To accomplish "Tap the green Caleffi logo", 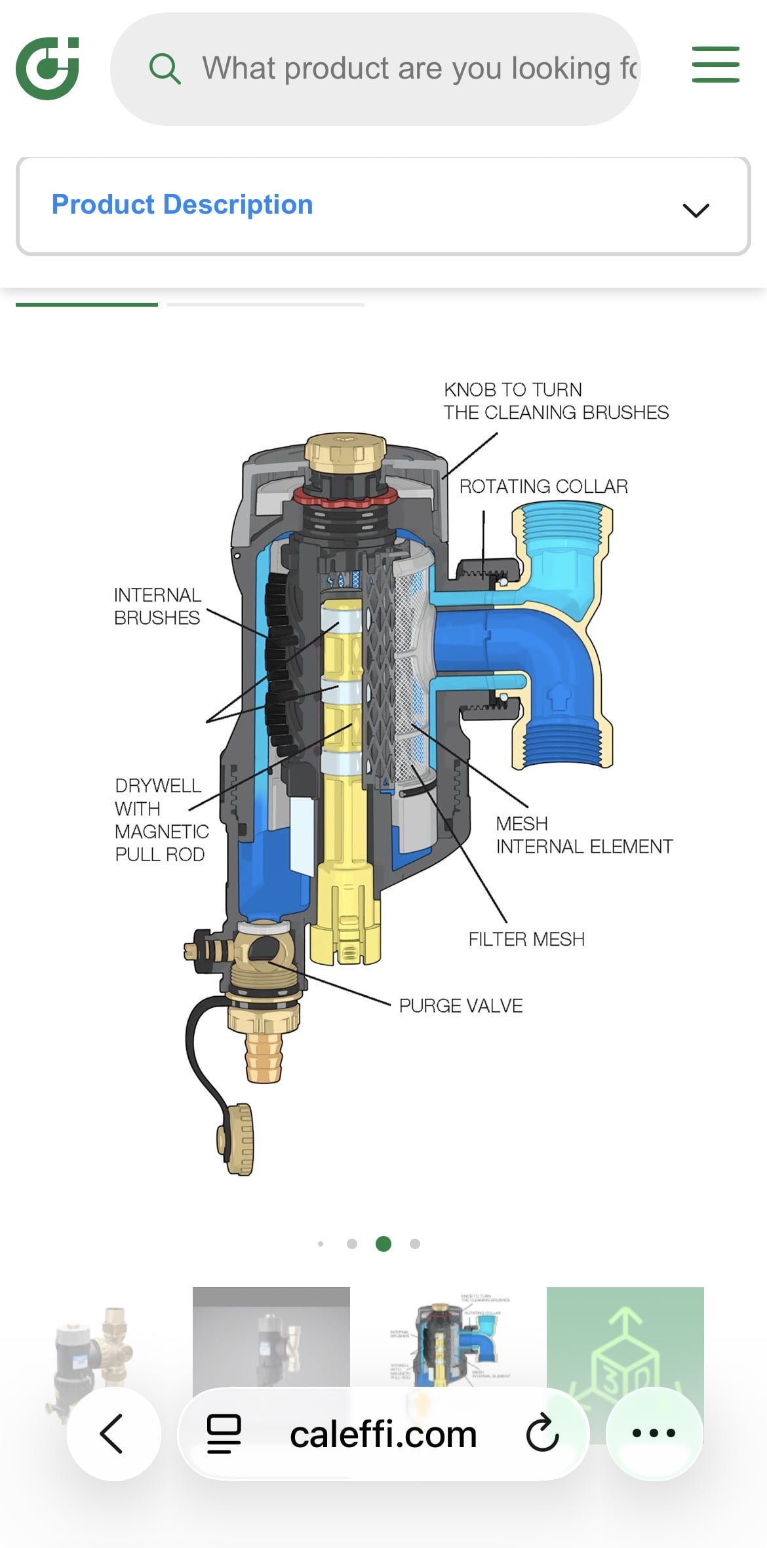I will coord(47,68).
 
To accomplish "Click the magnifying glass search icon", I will coord(165,69).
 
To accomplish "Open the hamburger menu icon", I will coord(715,65).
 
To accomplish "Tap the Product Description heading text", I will coord(182,204).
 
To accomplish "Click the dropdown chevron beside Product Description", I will coord(696,210).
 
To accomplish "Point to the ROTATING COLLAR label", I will coord(543,486).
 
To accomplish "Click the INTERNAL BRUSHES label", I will coord(157,606).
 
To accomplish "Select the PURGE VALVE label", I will coord(461,1005).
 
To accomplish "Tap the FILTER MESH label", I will coord(526,939).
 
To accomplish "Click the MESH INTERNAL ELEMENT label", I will coord(583,835).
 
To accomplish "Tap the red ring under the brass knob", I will coord(345,497).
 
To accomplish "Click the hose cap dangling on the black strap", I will coord(236,1139).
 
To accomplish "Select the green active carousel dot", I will coord(383,1243).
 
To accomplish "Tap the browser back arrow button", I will coord(113,1433).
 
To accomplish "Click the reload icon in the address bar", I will coord(542,1433).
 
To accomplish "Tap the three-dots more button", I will coord(654,1433).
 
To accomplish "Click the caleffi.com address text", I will coord(383,1435).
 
